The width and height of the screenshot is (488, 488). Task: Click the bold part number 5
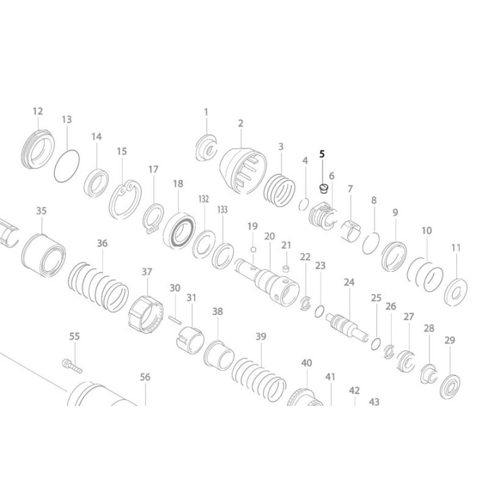click(323, 155)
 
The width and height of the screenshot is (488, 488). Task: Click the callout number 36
click(102, 243)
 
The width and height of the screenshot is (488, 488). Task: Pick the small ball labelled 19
click(252, 249)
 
